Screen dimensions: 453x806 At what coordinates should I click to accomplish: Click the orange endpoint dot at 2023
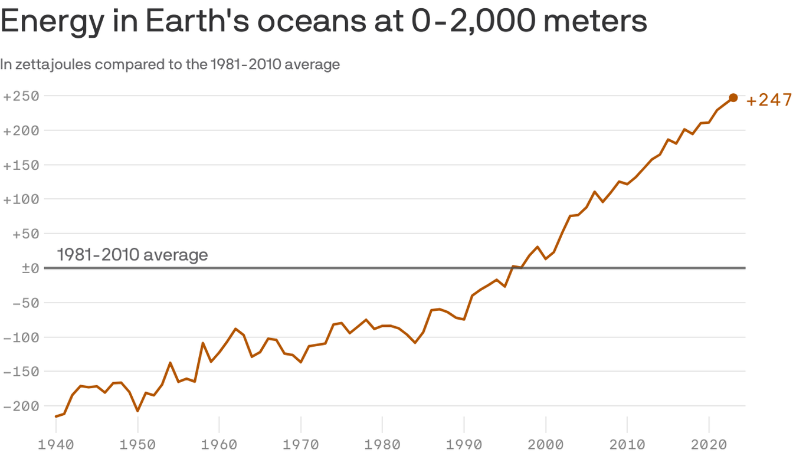733,98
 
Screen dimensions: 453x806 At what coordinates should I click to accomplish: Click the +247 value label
769,101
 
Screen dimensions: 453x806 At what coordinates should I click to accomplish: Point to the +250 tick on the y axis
22,96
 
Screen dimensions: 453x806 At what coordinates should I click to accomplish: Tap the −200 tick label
22,406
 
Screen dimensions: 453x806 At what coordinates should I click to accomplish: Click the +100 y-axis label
22,199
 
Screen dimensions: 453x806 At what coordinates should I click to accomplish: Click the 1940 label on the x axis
55,443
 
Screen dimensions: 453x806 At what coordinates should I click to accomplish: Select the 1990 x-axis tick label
464,443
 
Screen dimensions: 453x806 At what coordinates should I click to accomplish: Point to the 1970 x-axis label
301,443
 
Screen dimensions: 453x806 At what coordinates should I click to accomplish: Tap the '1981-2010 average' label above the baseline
132,255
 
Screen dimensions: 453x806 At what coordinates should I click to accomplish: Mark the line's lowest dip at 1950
137,411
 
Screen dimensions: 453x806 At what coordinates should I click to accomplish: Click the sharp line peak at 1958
203,343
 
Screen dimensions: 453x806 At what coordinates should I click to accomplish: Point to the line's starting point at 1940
56,416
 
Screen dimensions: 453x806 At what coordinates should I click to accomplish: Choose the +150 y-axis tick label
22,165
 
